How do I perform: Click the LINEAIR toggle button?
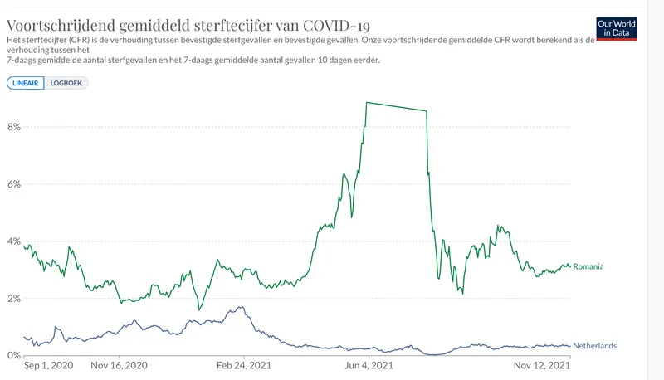[26, 83]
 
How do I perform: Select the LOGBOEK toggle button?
[66, 83]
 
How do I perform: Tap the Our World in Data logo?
[617, 29]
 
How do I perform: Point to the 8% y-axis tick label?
[12, 127]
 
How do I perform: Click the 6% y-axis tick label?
[12, 184]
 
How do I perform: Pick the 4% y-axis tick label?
[12, 241]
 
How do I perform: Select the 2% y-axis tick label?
[12, 299]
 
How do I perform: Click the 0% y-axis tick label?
[12, 356]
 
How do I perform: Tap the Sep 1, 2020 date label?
[48, 365]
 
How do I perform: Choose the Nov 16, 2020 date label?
[119, 365]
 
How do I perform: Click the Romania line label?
[588, 267]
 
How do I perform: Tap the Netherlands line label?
[594, 346]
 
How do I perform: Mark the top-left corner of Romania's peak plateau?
[366, 102]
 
